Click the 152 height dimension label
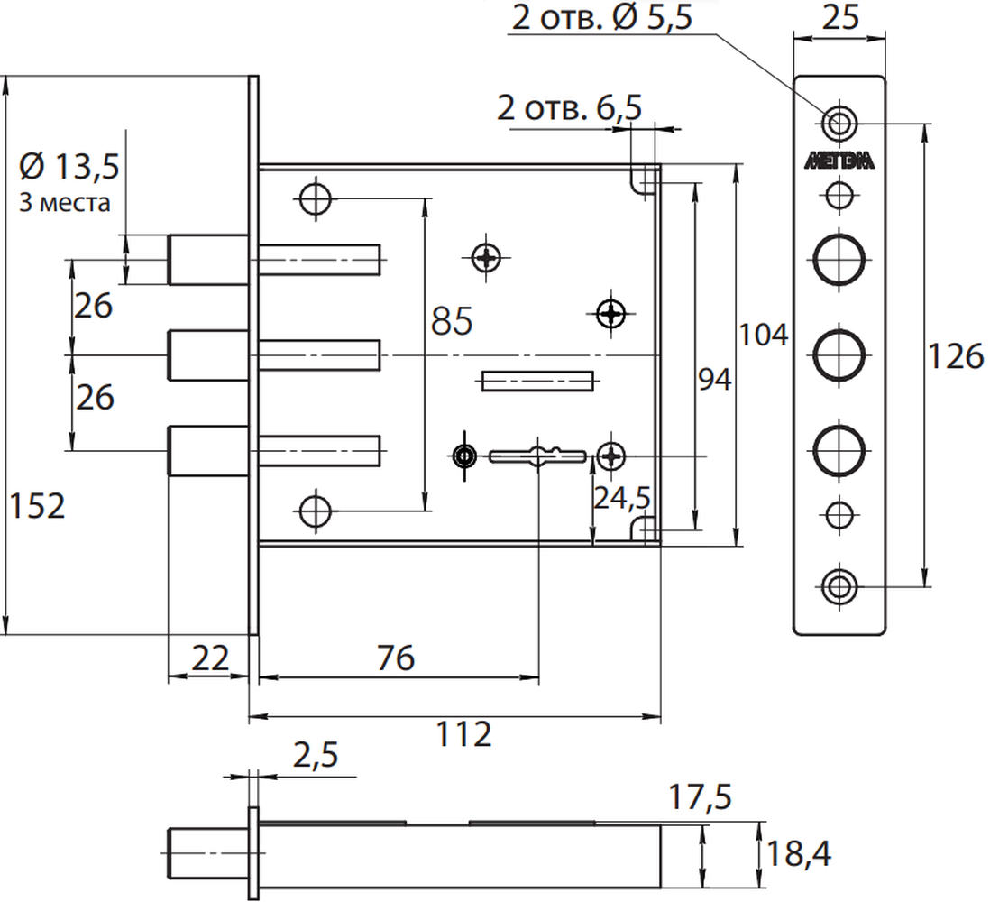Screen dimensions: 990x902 [x=37, y=507]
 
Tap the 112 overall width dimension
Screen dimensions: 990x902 [x=463, y=734]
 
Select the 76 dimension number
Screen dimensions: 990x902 [x=396, y=658]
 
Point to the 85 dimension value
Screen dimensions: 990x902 [x=452, y=321]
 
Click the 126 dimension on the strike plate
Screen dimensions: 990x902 [x=955, y=356]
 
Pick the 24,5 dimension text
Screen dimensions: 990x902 [x=622, y=499]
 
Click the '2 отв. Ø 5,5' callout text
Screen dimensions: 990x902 [x=601, y=18]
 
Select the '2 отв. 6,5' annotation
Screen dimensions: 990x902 [x=570, y=108]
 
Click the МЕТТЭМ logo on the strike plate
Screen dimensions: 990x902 [x=839, y=162]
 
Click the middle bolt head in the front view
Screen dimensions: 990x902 [x=207, y=355]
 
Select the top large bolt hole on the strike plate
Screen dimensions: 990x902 [x=839, y=260]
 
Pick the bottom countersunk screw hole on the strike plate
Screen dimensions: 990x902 [x=839, y=586]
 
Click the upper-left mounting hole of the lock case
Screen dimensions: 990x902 [x=315, y=198]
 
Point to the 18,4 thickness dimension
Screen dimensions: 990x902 [x=798, y=854]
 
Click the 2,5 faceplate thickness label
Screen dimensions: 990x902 [x=316, y=755]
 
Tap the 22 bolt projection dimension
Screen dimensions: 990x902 [x=209, y=658]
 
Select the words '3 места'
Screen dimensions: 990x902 [x=64, y=203]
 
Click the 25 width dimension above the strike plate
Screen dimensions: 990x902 [x=840, y=18]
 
